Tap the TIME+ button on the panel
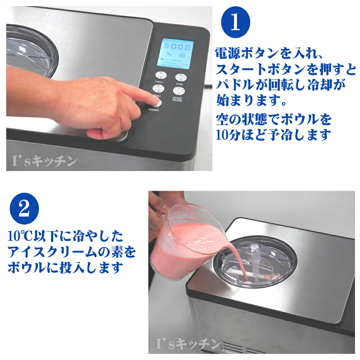tap(161, 76)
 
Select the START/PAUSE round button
tap(178, 90)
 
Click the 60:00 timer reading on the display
tap(177, 47)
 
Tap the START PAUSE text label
tap(177, 99)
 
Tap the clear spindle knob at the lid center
tap(255, 248)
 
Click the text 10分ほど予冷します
tap(273, 135)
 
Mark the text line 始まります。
tap(252, 100)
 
